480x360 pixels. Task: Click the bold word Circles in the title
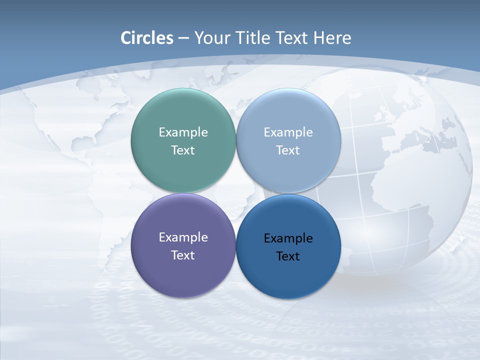tap(147, 38)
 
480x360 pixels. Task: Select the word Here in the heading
tap(332, 38)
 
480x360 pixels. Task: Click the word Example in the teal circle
tap(183, 132)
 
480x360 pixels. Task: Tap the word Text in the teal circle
tap(183, 150)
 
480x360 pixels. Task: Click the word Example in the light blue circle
tap(288, 132)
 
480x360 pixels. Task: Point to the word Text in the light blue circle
tap(288, 150)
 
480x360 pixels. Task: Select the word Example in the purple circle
tap(183, 237)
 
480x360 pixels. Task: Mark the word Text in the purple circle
tap(183, 255)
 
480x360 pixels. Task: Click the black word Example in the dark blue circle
tap(288, 238)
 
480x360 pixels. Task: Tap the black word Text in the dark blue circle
tap(288, 256)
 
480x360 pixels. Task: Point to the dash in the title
tap(183, 38)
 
